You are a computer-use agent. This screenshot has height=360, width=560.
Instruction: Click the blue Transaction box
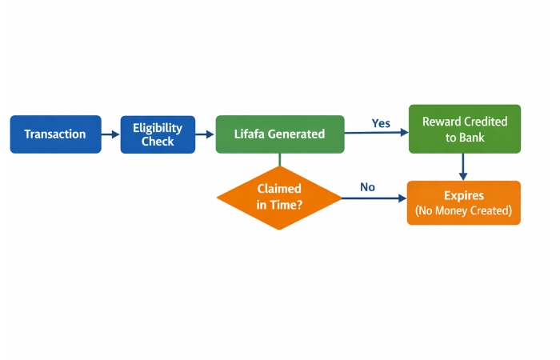point(55,134)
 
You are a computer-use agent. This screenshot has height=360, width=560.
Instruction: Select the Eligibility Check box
point(158,134)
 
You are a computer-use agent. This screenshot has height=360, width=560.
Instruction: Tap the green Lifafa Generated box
point(280,134)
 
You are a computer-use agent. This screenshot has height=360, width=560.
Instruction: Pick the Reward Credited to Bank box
point(464,129)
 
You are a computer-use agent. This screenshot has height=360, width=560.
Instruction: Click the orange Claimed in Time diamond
point(279,196)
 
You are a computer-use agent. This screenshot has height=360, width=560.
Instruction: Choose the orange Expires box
point(464,203)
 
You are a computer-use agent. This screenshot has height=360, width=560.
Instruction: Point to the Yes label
point(381,123)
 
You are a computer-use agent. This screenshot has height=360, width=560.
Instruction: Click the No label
point(367,187)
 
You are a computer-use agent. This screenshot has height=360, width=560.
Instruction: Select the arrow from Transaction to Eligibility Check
point(110,134)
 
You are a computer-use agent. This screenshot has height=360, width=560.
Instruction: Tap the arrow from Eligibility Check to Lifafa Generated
point(205,134)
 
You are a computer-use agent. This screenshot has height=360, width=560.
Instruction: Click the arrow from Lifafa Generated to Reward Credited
point(376,134)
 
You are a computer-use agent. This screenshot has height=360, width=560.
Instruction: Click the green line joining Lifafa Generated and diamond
point(279,159)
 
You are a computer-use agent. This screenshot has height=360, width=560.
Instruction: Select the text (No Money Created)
point(464,212)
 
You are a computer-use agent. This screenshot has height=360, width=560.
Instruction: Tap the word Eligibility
point(158,128)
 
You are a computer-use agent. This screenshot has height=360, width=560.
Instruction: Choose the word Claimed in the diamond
point(279,189)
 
